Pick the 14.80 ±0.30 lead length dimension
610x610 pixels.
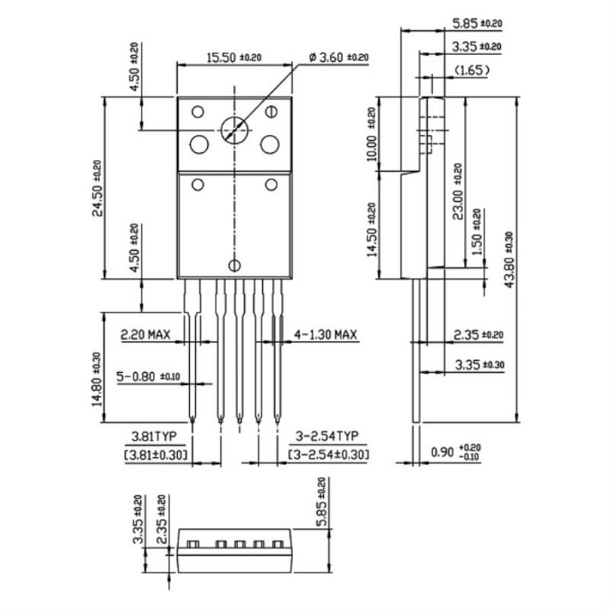98,380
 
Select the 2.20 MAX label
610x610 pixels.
145,335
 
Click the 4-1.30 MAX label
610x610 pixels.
325,335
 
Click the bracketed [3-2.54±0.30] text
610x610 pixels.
328,453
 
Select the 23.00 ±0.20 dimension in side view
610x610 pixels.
458,192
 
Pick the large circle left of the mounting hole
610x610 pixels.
199,144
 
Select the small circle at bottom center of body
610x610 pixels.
235,266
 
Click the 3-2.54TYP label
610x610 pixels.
328,436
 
